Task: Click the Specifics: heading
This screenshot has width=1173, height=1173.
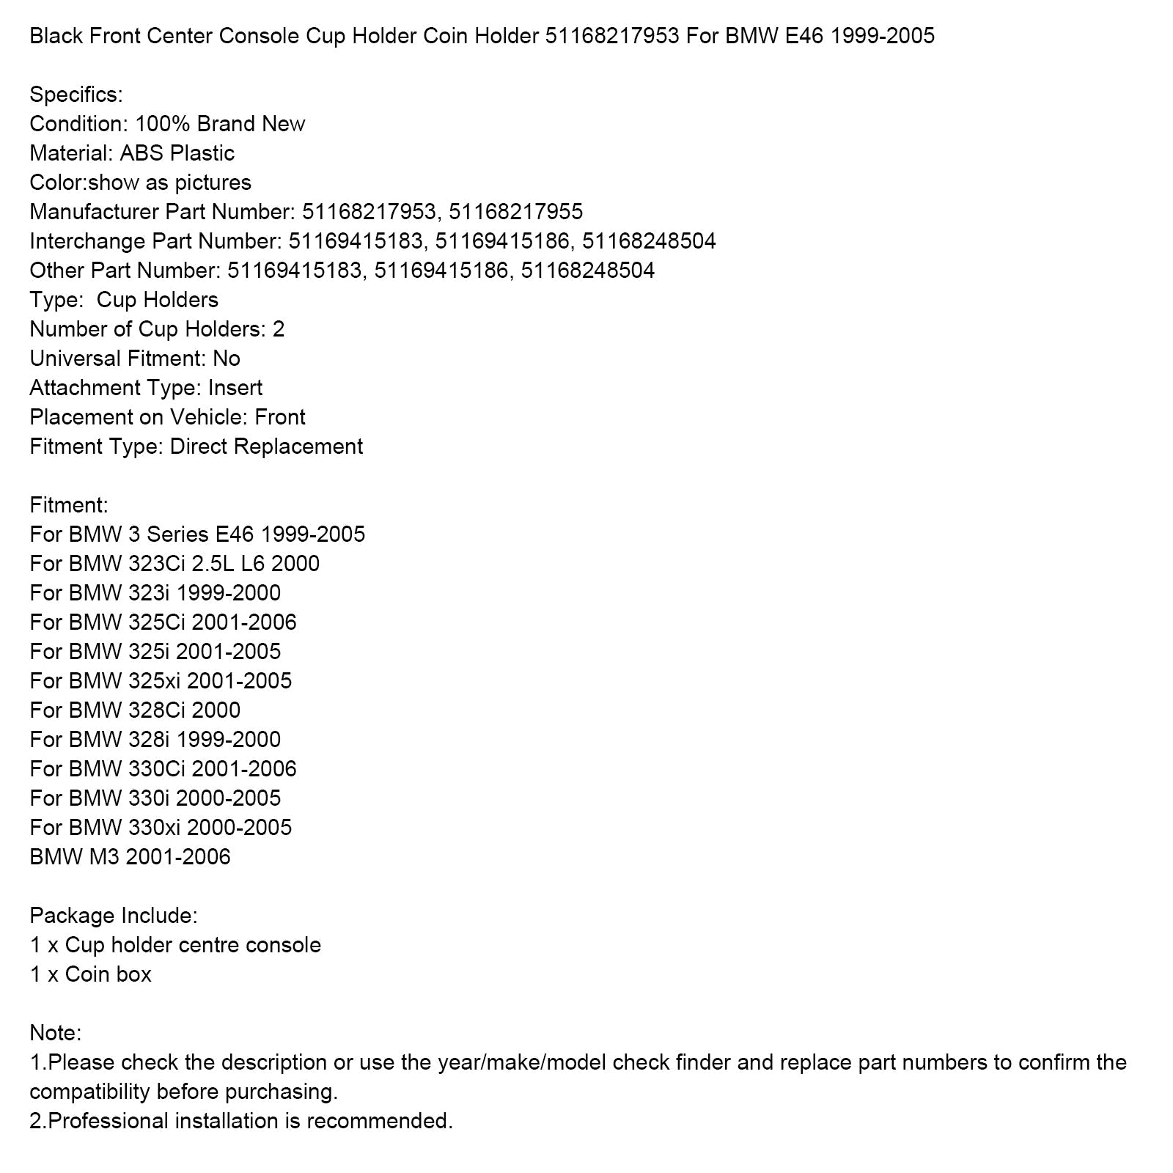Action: click(76, 95)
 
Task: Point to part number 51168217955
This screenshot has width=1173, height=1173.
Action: click(515, 212)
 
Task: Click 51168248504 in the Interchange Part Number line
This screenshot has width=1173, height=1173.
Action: click(649, 241)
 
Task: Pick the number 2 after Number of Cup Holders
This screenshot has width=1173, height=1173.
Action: click(279, 329)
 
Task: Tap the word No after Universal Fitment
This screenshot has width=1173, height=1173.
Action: click(227, 358)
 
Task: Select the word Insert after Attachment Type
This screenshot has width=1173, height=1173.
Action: click(235, 388)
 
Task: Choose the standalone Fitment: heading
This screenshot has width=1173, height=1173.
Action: click(69, 505)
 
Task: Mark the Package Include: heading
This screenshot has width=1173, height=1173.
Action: click(114, 916)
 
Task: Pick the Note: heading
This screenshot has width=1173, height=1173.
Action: click(56, 1033)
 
